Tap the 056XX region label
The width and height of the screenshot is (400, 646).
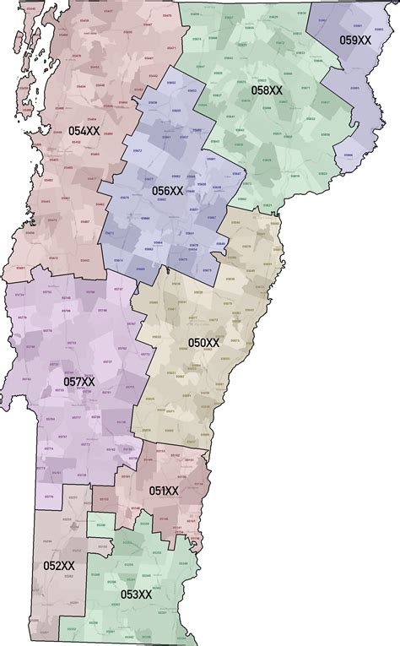(167, 191)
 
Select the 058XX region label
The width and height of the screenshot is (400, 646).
(267, 90)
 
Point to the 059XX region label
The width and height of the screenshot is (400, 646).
(355, 40)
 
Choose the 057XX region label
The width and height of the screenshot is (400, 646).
(79, 382)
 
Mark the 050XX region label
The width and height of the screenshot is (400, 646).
(203, 343)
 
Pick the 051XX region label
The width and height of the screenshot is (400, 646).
(164, 491)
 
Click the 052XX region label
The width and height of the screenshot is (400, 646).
(59, 565)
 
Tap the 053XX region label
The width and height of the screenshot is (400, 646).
(136, 594)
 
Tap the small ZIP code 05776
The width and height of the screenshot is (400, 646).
(48, 497)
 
